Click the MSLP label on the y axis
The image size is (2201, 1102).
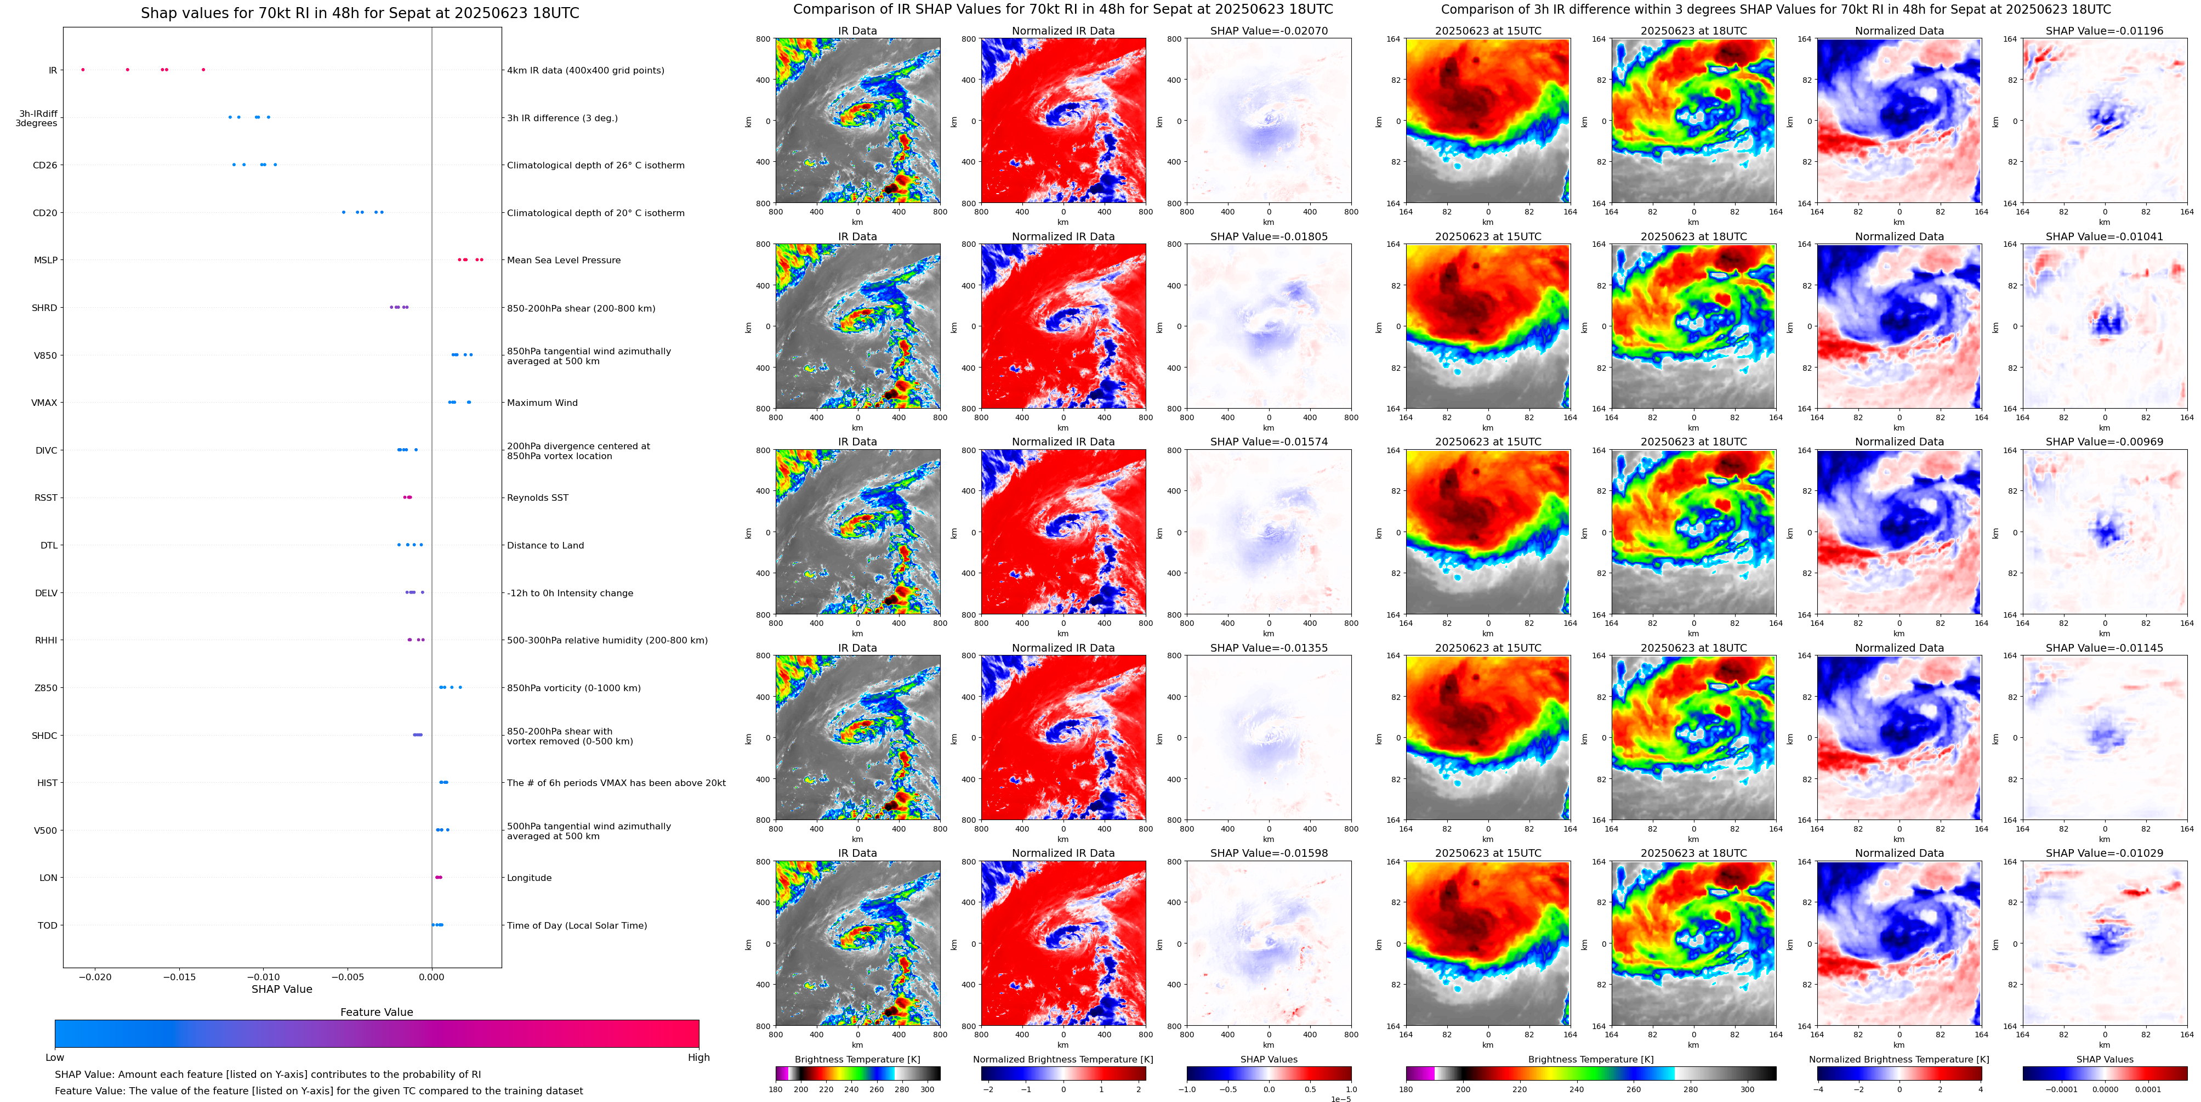click(x=46, y=261)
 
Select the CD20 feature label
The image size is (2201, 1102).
click(x=44, y=213)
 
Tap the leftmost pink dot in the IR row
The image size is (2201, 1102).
click(x=83, y=69)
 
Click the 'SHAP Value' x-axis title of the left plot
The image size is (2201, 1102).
click(x=281, y=989)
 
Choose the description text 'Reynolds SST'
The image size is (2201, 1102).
click(x=537, y=498)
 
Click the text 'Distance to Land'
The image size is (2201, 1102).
click(x=545, y=545)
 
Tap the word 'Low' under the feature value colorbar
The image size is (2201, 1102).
click(x=55, y=1058)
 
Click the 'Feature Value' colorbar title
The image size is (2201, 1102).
click(x=376, y=1012)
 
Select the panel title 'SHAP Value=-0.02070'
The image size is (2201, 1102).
click(x=1269, y=31)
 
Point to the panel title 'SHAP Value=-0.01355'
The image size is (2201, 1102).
click(x=1269, y=648)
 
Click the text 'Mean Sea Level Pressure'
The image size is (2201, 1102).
click(x=564, y=261)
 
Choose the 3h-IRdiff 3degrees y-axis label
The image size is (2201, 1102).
click(x=37, y=118)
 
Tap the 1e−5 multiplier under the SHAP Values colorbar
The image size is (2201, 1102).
click(x=1340, y=1099)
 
